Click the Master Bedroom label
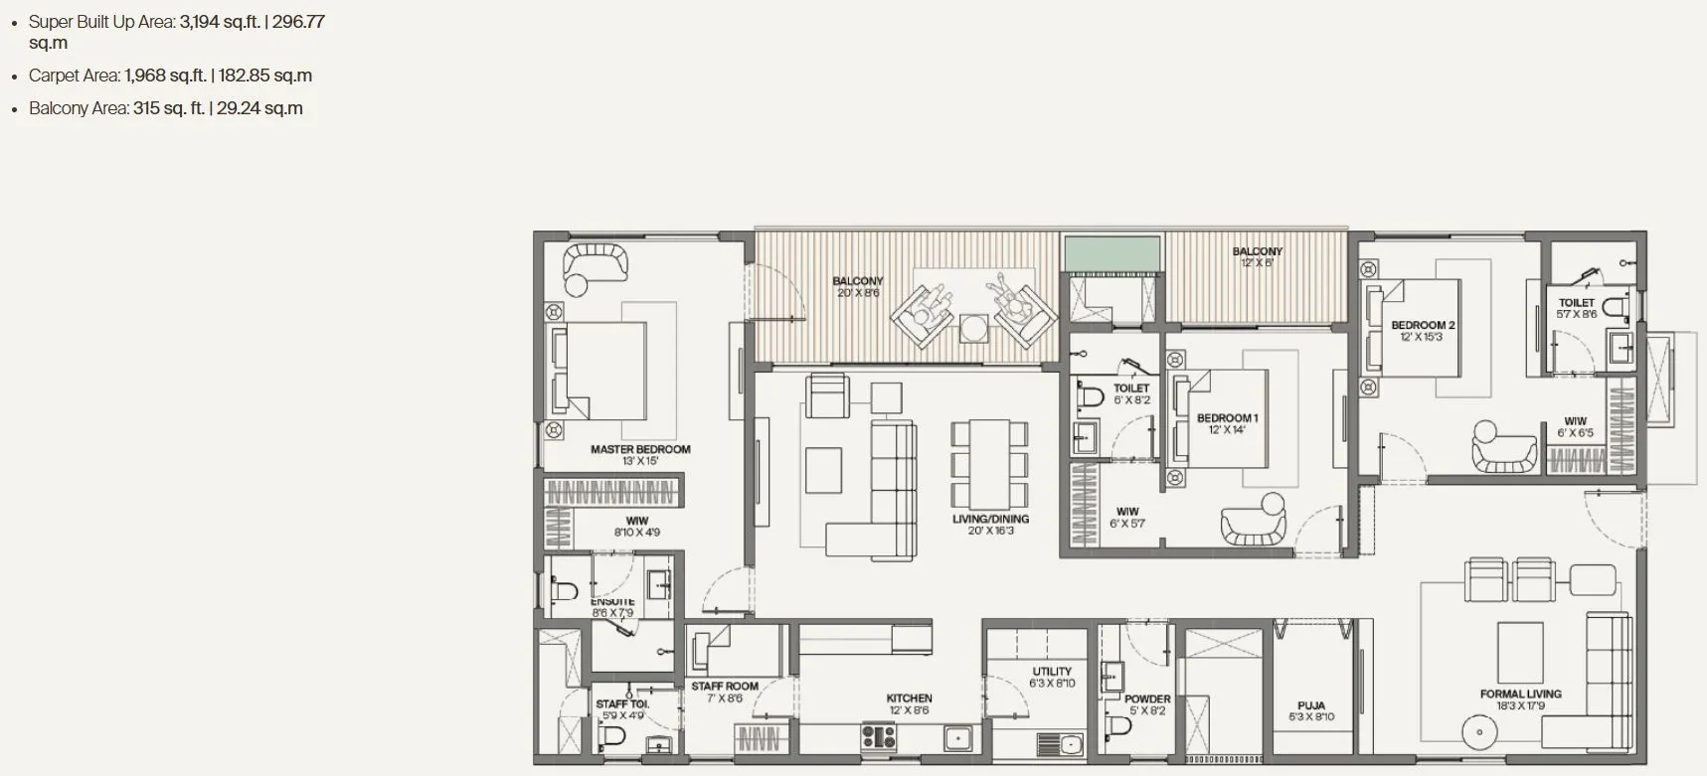pyautogui.click(x=640, y=450)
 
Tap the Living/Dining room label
pyautogui.click(x=990, y=520)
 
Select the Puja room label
pyautogui.click(x=1310, y=706)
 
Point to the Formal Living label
pyautogui.click(x=1520, y=695)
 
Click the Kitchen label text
pyautogui.click(x=909, y=698)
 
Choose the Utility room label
pyautogui.click(x=1052, y=672)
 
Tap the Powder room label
pyautogui.click(x=1147, y=699)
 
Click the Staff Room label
pyautogui.click(x=725, y=687)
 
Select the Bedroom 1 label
pyautogui.click(x=1227, y=418)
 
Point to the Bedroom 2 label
pyautogui.click(x=1423, y=326)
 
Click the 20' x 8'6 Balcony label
pyautogui.click(x=857, y=282)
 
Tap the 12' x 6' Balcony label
pyautogui.click(x=1257, y=252)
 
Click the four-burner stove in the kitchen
pyautogui.click(x=879, y=736)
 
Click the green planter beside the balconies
pyautogui.click(x=1112, y=252)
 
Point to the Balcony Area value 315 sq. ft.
pyautogui.click(x=168, y=108)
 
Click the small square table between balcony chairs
pyautogui.click(x=974, y=328)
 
